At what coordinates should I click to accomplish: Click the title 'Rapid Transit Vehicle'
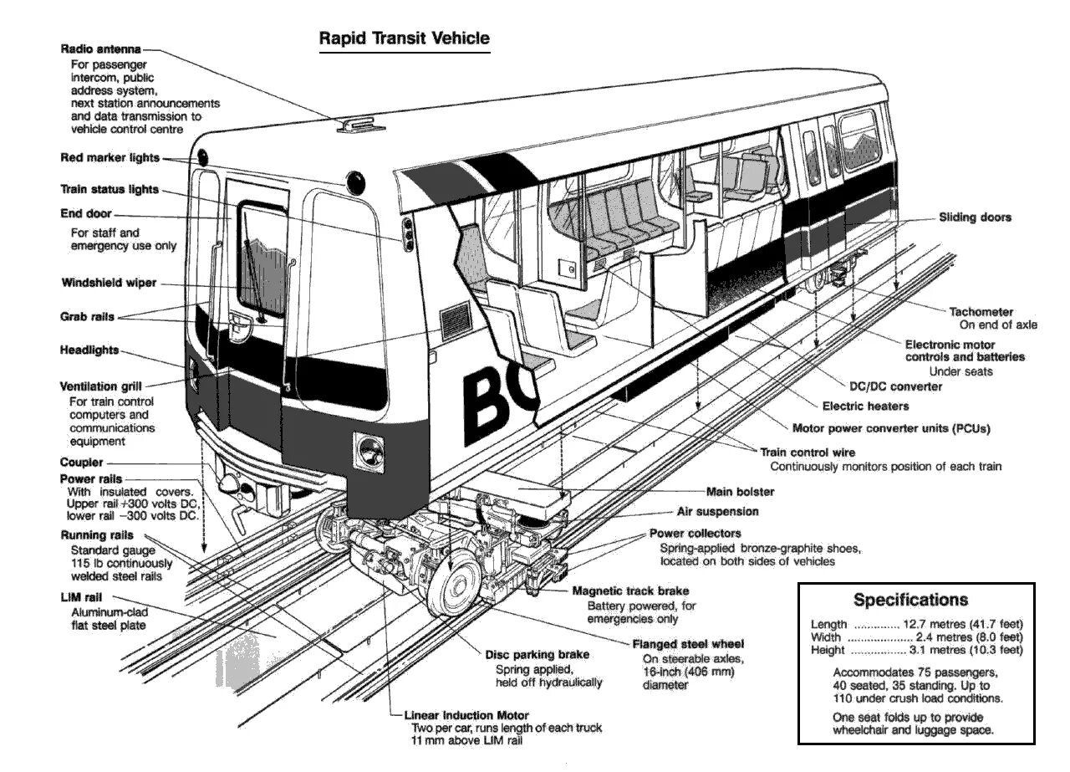point(405,38)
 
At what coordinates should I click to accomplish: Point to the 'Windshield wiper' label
point(109,283)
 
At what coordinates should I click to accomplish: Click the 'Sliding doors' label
point(975,217)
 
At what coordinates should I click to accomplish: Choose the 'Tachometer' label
point(981,312)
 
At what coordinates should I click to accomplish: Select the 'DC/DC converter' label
point(895,386)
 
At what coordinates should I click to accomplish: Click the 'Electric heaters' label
point(865,406)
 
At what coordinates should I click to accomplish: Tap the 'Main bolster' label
point(740,492)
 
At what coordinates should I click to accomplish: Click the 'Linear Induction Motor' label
point(466,716)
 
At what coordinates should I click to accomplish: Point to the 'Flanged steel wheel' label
point(688,644)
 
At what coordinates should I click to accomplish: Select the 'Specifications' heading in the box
point(910,600)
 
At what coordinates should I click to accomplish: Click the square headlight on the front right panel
point(367,452)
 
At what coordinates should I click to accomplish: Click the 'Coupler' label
point(82,463)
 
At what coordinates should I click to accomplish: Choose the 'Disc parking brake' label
point(537,655)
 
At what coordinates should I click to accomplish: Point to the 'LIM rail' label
point(81,596)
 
